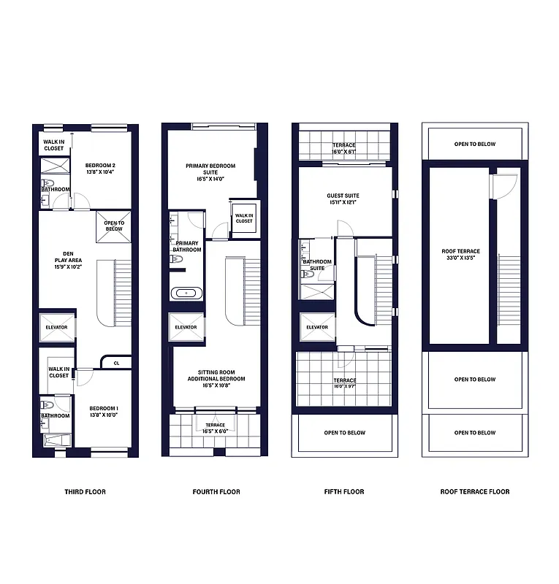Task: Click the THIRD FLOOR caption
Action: click(85, 491)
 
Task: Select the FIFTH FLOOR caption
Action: click(343, 491)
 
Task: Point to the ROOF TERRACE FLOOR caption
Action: click(474, 491)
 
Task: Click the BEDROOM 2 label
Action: click(101, 169)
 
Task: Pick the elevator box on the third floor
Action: click(56, 327)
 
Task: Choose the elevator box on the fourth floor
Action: click(186, 327)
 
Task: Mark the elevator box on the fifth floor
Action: click(316, 327)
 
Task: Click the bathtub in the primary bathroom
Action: click(186, 293)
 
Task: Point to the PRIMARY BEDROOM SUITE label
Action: click(210, 172)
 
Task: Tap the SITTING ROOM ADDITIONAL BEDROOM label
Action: click(216, 379)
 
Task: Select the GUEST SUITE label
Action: click(343, 199)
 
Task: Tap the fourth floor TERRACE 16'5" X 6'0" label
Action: click(215, 428)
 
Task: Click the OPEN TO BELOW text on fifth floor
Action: click(344, 433)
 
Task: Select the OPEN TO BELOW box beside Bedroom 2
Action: click(114, 226)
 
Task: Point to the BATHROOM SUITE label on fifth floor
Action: click(317, 265)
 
